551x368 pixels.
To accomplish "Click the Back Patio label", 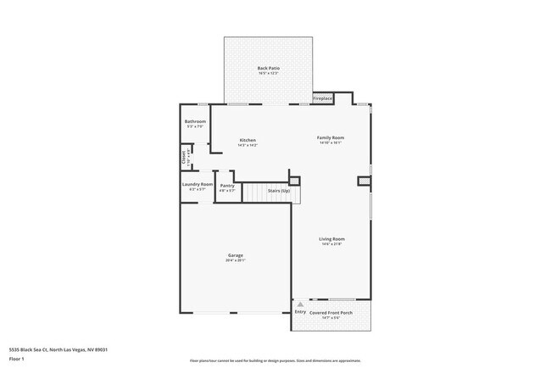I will click(269, 68).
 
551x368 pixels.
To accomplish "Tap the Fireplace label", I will click(323, 98).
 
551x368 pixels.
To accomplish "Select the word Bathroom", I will click(195, 121).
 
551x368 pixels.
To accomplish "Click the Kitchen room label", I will click(248, 140).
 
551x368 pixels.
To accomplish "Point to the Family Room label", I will click(331, 137).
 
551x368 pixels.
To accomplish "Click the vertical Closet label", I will click(183, 157).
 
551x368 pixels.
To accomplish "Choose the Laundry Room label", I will click(197, 183).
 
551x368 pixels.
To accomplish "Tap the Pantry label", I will click(227, 186).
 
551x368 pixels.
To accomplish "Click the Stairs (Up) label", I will click(279, 192).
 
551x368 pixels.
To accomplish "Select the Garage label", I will click(235, 255).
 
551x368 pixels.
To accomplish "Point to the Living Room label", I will click(331, 239).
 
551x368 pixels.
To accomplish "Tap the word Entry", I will click(300, 313).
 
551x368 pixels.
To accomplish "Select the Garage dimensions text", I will click(235, 261).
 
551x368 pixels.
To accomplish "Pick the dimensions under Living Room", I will click(331, 245).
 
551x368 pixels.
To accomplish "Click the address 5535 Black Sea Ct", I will click(58, 349).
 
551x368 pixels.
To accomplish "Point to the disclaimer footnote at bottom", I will click(275, 360).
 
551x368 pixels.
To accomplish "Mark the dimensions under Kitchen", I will click(248, 146).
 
